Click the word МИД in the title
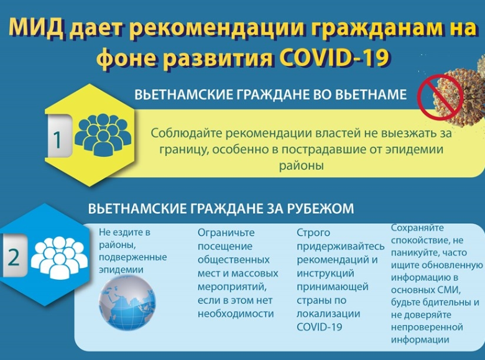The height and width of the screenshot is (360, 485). tap(38, 27)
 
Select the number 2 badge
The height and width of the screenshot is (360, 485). tap(13, 256)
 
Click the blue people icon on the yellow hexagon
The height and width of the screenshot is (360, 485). tap(103, 134)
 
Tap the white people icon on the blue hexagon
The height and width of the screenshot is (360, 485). tap(59, 257)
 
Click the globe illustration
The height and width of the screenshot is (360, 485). tap(127, 302)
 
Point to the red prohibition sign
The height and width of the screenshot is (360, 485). tap(440, 97)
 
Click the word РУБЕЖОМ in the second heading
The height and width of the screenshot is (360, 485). tap(320, 208)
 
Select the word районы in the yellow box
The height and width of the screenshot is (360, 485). tap(302, 165)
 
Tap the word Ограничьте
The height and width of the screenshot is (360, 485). tap(226, 233)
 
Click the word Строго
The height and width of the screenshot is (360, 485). tap(313, 233)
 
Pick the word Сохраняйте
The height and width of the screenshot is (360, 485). tap(417, 228)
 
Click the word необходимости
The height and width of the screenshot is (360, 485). tap(236, 313)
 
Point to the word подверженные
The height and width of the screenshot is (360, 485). tap(132, 257)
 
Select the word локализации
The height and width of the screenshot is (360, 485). tap(328, 313)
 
